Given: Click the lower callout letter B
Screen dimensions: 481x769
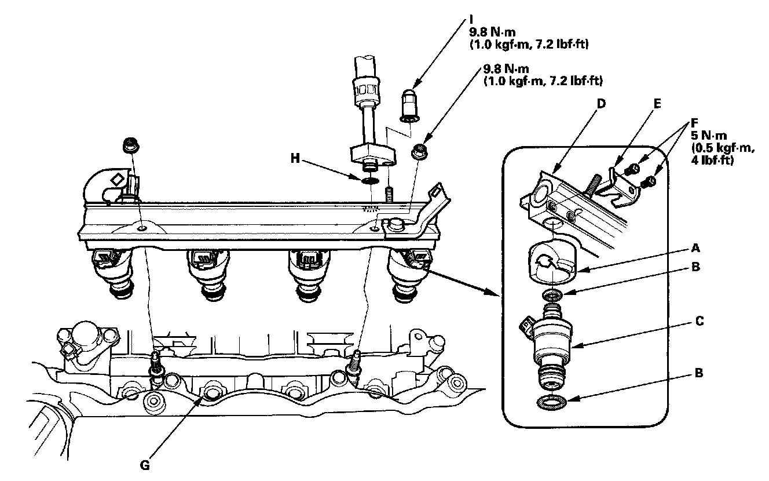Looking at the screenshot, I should (699, 373).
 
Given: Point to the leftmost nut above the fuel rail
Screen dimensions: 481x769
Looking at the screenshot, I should (129, 147).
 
